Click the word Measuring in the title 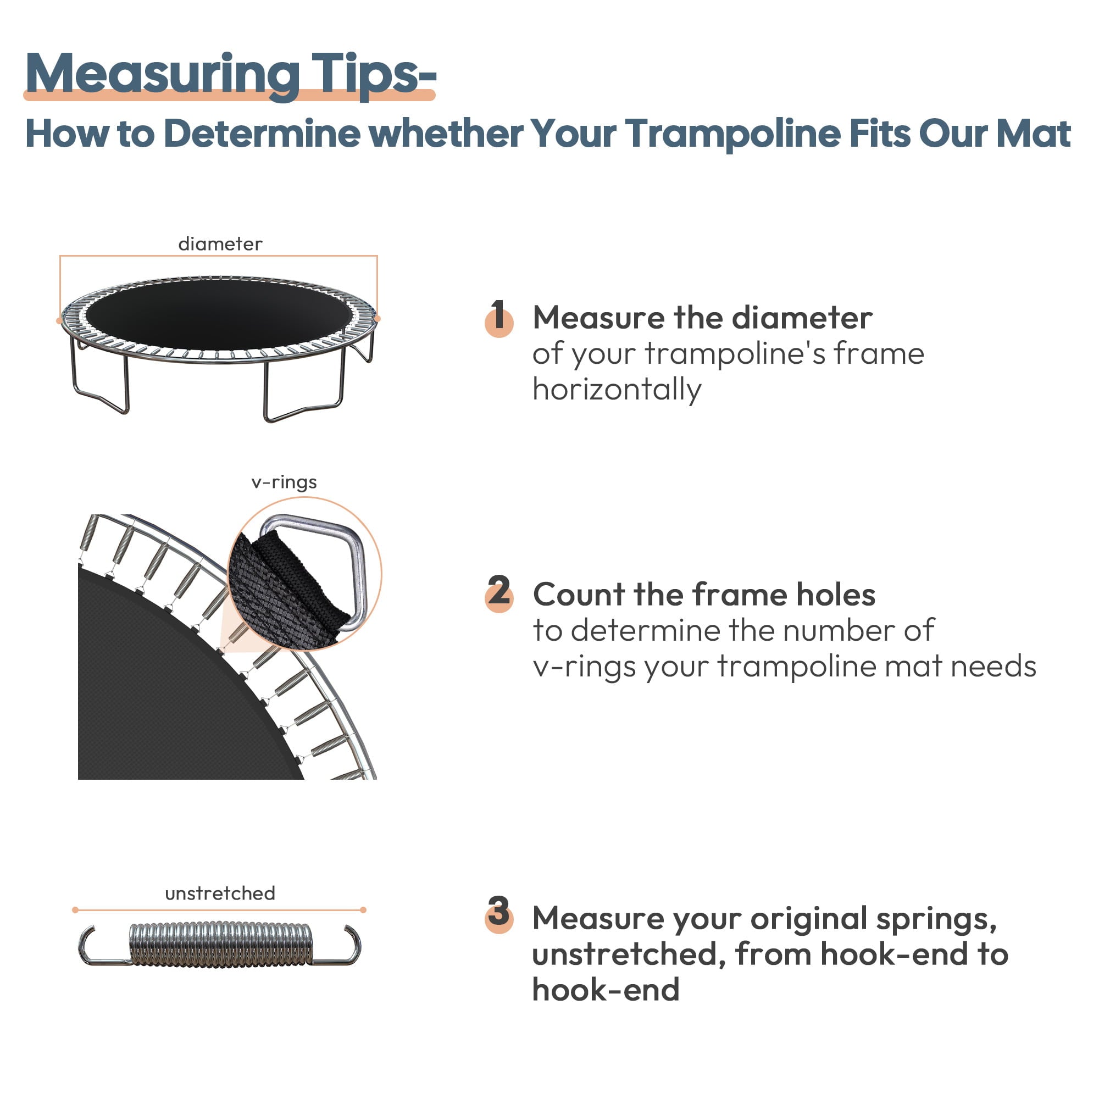pyautogui.click(x=162, y=74)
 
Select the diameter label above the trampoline pyautogui.click(x=220, y=244)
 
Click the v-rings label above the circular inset pyautogui.click(x=284, y=482)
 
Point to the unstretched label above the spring pyautogui.click(x=220, y=893)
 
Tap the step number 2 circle pyautogui.click(x=499, y=595)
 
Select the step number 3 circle pyautogui.click(x=499, y=915)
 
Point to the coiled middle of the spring pyautogui.click(x=221, y=945)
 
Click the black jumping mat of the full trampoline pyautogui.click(x=219, y=314)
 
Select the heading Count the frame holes pyautogui.click(x=704, y=595)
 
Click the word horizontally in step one pyautogui.click(x=617, y=390)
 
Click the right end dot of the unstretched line pyautogui.click(x=363, y=910)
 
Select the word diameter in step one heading pyautogui.click(x=802, y=318)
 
